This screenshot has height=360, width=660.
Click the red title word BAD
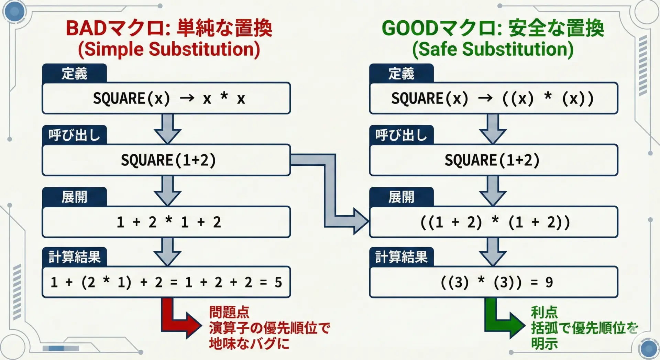point(86,28)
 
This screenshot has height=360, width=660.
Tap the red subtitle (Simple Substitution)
point(169,49)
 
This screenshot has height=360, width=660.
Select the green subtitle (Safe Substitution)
point(493,49)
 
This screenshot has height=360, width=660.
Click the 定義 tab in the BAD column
point(74,73)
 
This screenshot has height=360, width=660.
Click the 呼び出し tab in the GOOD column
point(401,135)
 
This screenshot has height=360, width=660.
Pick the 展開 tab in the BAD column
point(74,197)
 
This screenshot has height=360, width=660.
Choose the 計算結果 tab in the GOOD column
point(401,257)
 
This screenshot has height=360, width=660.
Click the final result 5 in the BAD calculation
point(278,282)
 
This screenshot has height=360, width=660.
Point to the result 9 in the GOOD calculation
point(549,282)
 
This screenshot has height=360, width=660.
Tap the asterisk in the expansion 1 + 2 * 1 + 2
point(168,220)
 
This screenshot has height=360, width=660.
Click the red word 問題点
point(229,312)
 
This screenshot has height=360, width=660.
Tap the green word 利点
point(544,312)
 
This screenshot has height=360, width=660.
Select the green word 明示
point(544,343)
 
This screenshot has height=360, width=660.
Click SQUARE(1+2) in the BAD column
point(168,160)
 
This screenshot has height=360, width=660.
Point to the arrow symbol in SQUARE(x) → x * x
point(187,98)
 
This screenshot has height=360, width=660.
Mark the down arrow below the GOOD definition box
point(493,129)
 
